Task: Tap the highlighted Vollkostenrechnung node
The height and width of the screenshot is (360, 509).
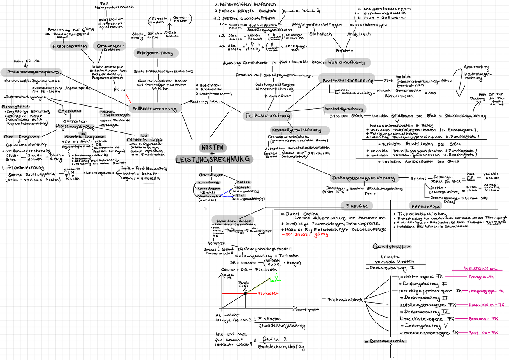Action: [x=154, y=109]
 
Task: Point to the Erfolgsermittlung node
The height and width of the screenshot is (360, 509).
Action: [x=153, y=53]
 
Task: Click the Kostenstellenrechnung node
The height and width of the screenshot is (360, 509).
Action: [x=348, y=80]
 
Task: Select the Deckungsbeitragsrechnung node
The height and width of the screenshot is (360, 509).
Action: [x=364, y=178]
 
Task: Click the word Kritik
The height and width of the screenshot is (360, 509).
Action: [x=120, y=90]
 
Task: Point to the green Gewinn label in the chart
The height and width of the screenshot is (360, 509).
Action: [x=275, y=280]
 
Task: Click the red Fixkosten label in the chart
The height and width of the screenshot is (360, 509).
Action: [x=268, y=293]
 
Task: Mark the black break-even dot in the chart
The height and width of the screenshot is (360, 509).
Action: [x=245, y=293]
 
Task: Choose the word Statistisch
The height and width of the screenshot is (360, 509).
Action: [x=320, y=34]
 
